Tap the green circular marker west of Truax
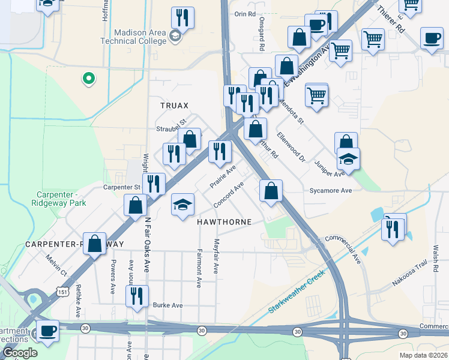coord(88,78)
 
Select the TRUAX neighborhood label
coord(174,105)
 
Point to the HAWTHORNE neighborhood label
coord(223,221)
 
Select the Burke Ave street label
coord(167,305)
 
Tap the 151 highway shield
coord(63,292)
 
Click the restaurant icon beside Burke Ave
coord(137,296)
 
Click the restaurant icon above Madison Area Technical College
coord(182,17)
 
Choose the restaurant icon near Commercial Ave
coord(393,229)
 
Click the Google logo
coord(19,353)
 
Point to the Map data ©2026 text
coord(423,355)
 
